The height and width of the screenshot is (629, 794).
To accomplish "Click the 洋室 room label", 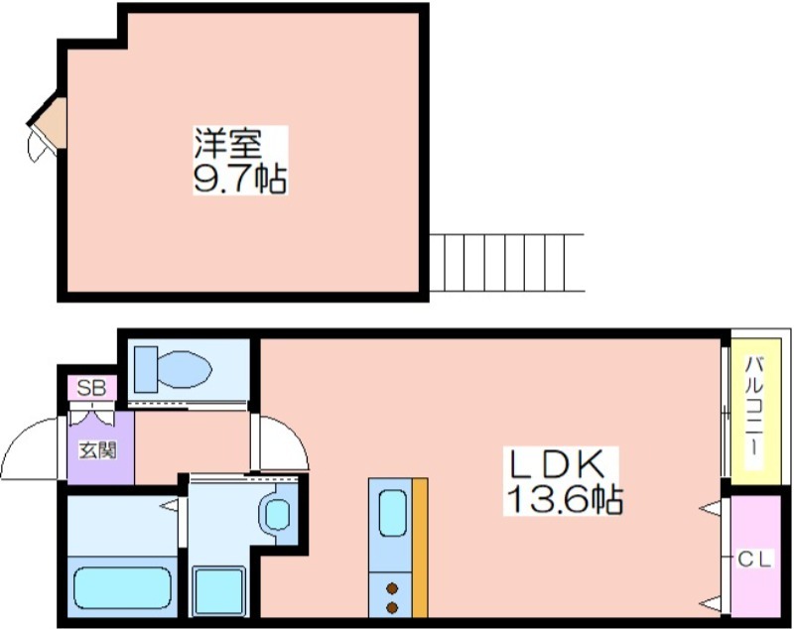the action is pos(228,143).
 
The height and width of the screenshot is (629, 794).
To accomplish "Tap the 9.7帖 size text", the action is pos(240,179).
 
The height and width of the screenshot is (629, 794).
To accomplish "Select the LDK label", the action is pos(558,464).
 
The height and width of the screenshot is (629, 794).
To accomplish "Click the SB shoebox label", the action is pos(92,388).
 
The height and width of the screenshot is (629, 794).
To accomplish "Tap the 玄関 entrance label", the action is pos(97,449).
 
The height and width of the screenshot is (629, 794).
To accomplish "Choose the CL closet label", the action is pos(754,560).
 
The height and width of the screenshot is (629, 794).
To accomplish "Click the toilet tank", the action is pos(146,369).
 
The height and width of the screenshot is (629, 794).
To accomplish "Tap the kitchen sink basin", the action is pos(393,513).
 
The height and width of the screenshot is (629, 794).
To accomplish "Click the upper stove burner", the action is pos(392,588).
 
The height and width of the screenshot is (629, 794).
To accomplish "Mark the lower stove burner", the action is pos(392,607).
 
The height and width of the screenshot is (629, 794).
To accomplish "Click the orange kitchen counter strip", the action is pos(420,548).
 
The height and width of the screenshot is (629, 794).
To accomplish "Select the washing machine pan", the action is pos(218,591).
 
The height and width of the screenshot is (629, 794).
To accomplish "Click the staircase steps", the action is pos(506,263).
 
